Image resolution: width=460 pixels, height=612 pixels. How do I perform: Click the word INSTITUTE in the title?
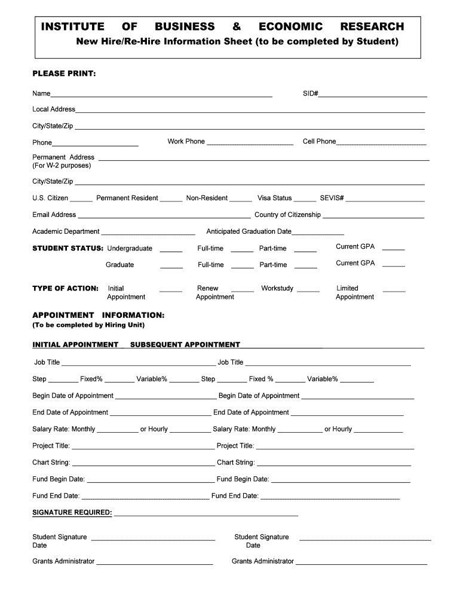[72, 27]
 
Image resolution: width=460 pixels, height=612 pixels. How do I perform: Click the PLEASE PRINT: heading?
[64, 74]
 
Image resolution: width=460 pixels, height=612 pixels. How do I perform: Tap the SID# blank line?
[373, 95]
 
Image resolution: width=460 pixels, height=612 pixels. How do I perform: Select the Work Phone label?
[186, 142]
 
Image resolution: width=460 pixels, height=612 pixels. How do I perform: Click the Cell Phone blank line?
[381, 143]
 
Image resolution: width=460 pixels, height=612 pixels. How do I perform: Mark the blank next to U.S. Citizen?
[81, 200]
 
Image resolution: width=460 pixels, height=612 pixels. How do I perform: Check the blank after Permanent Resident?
[171, 200]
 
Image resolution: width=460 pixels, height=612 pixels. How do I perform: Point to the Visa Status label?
[274, 198]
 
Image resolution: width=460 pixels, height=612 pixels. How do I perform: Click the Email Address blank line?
[164, 217]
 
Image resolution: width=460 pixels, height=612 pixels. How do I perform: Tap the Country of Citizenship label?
[287, 215]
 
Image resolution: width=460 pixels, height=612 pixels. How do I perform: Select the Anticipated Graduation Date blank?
[318, 234]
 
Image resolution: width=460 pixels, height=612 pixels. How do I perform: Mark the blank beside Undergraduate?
[171, 250]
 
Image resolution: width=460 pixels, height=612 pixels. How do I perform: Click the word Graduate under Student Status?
[120, 265]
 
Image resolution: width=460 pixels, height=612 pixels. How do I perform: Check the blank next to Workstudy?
[308, 290]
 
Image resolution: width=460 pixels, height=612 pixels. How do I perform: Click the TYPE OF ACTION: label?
[65, 289]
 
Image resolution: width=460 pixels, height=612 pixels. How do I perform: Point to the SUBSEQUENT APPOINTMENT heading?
[185, 345]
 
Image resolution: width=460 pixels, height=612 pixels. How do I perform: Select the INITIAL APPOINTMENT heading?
[75, 345]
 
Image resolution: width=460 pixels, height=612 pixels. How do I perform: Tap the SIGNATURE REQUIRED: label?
[72, 513]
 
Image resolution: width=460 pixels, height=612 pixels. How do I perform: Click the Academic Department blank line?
[148, 234]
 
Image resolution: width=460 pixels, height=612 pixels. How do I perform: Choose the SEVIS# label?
[332, 198]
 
